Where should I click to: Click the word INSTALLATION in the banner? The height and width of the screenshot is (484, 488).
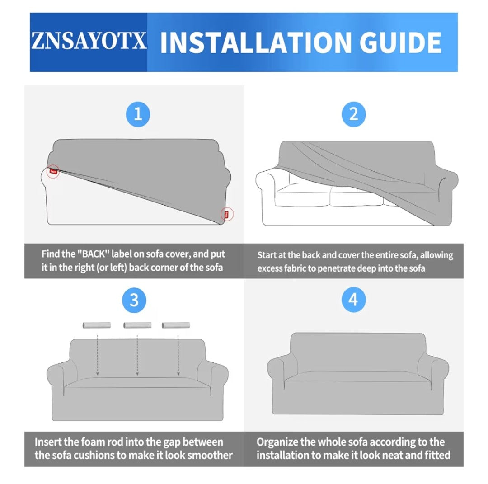pos(258,42)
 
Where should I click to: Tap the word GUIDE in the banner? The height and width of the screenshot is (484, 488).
pos(400,42)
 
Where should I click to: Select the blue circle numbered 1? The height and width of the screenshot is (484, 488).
pos(138,114)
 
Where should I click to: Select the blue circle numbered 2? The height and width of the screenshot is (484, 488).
pos(353,114)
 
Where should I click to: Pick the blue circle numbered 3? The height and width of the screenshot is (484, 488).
pos(134,301)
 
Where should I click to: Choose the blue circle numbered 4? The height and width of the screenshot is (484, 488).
pos(353,300)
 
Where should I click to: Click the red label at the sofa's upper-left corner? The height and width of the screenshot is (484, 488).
pos(53,171)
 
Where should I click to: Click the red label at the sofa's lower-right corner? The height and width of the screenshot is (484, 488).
pos(226,215)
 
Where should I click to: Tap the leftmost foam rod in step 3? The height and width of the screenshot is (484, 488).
pos(97,325)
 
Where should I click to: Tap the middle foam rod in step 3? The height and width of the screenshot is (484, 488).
pos(137,325)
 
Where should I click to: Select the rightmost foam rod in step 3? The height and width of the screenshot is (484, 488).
pos(176,325)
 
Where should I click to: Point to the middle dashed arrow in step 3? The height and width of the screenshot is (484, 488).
pos(137,354)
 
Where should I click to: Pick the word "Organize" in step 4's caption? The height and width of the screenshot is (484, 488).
pos(277,442)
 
